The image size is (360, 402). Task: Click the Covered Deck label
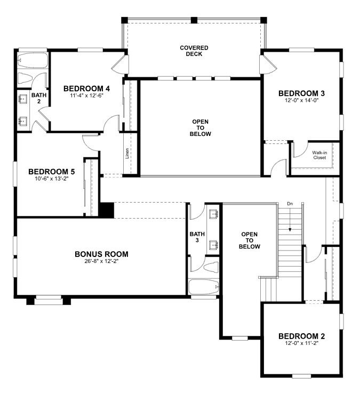tap(194, 51)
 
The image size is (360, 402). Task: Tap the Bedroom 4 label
tap(86, 89)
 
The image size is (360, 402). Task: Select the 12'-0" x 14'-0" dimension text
tap(301, 100)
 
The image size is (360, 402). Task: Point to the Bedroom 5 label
tap(52, 172)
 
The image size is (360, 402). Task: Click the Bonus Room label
tap(101, 254)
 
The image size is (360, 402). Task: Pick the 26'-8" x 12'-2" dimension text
tap(101, 261)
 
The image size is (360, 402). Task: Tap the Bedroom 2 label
tap(301, 336)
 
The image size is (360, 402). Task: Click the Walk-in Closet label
tap(319, 155)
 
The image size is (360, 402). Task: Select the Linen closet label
tap(127, 154)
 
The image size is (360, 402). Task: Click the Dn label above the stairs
tap(290, 204)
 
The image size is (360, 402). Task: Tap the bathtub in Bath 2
tap(33, 60)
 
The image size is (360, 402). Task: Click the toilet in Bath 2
tap(25, 78)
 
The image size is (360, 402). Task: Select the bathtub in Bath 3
tap(204, 287)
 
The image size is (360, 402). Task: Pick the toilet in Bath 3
tap(211, 267)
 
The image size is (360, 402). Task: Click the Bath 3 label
tap(197, 237)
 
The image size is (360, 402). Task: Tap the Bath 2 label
tap(39, 98)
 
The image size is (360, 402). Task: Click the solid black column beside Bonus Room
tap(107, 210)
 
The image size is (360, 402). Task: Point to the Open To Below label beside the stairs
tap(250, 240)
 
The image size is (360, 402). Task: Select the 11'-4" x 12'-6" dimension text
tap(86, 95)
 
